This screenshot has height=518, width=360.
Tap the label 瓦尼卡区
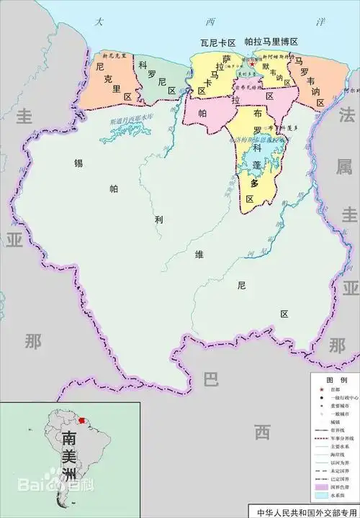point(218,42)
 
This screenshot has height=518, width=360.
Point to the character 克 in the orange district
point(106,80)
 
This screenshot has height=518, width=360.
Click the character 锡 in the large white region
point(78,163)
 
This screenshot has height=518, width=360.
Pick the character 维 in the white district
point(199,253)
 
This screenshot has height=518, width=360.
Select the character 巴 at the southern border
point(210,379)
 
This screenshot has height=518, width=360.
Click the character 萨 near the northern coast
point(226,59)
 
